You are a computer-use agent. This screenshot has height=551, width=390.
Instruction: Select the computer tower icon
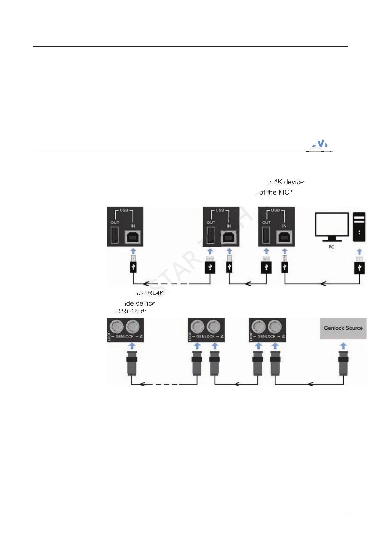tap(359, 227)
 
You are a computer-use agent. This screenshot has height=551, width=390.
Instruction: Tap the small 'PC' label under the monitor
tap(331, 247)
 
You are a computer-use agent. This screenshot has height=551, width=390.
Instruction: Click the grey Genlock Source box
tap(343, 328)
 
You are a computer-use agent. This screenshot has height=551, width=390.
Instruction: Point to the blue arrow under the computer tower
tap(359, 252)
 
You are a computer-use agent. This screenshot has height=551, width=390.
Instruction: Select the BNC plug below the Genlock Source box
tap(343, 363)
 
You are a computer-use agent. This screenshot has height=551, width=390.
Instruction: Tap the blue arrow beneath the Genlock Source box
tap(343, 346)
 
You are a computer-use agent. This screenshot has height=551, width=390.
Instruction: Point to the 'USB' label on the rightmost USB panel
tap(275, 210)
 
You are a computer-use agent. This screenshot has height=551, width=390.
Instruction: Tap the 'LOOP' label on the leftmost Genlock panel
tap(109, 336)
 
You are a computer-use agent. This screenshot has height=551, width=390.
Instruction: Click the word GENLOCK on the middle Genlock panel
tap(205, 336)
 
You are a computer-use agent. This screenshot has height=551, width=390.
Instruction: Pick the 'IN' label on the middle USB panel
tap(229, 226)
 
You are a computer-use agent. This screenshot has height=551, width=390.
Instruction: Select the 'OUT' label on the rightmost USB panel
tap(266, 222)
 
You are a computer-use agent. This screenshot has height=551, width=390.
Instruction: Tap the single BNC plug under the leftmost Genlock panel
tap(132, 363)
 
